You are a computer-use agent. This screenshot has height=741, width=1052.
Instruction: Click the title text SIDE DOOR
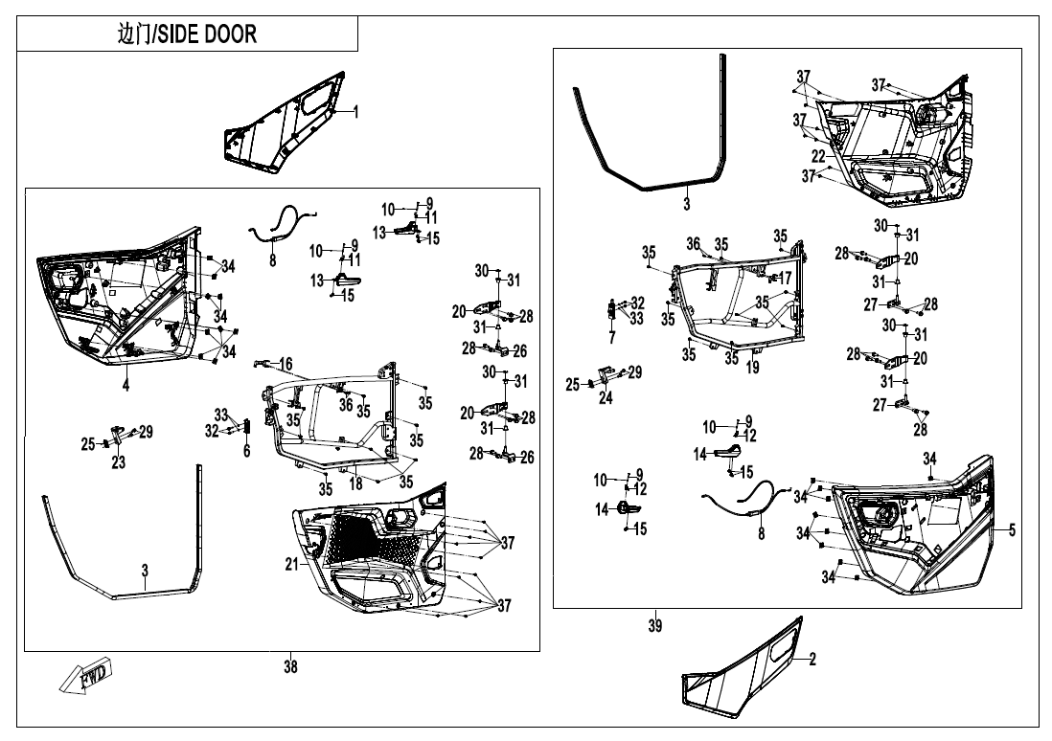pyautogui.click(x=187, y=35)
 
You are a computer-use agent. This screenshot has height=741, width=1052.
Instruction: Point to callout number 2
pyautogui.click(x=812, y=659)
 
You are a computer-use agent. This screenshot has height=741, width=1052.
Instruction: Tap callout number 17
pyautogui.click(x=788, y=278)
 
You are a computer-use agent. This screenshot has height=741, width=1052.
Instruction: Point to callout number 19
pyautogui.click(x=752, y=367)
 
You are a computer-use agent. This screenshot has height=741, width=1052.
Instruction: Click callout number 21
pyautogui.click(x=291, y=565)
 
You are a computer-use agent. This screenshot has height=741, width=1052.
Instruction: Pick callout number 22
pyautogui.click(x=817, y=156)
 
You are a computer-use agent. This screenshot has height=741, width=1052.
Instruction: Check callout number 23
pyautogui.click(x=118, y=462)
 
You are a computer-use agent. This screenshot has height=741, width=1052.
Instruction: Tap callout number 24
pyautogui.click(x=605, y=398)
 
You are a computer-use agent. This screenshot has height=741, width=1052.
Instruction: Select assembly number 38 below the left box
pyautogui.click(x=289, y=667)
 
